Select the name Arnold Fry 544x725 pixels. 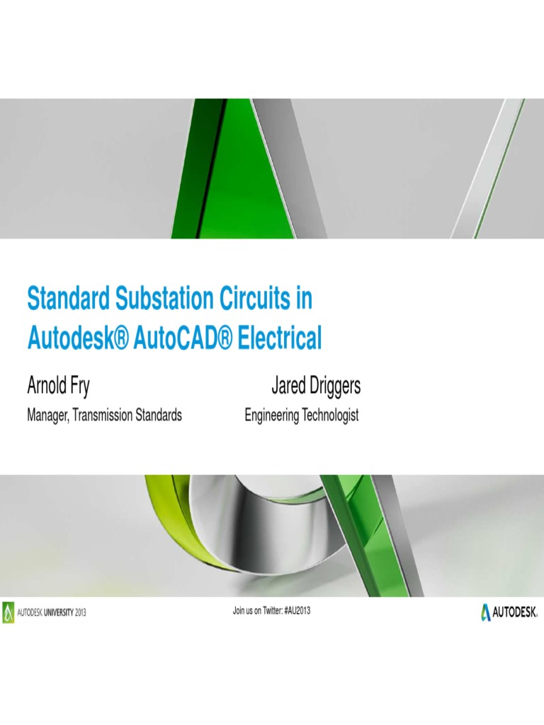pos(58,387)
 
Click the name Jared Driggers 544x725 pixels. pos(315,387)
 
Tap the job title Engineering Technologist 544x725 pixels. pos(302,416)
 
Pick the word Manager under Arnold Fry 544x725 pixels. pos(49,416)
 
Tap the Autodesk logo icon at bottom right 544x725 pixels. pos(486,611)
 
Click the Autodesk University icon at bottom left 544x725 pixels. pos(8,612)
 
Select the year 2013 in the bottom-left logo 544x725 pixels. pos(78,612)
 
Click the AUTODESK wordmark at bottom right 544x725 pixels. pos(516,611)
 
